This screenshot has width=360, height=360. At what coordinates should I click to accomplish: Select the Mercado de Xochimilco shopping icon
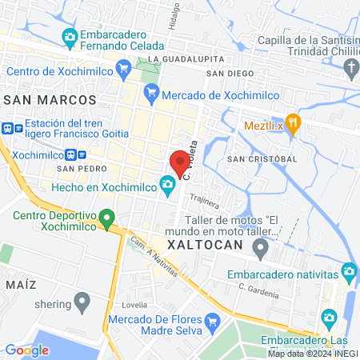[x=152, y=93]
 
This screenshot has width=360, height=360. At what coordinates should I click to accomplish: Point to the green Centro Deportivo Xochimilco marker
[x=109, y=218]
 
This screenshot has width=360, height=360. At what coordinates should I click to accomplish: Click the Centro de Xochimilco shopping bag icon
[x=122, y=70]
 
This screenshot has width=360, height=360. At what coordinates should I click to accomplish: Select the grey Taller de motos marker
[x=260, y=250]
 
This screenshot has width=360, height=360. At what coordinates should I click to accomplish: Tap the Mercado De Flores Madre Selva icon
[x=212, y=322]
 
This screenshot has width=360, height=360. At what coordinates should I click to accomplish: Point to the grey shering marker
[x=82, y=302]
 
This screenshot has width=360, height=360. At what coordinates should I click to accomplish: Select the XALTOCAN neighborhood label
[x=204, y=243]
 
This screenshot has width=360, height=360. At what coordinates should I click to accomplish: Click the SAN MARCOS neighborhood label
[x=50, y=100]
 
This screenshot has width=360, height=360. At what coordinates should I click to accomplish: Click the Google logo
[x=26, y=350]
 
